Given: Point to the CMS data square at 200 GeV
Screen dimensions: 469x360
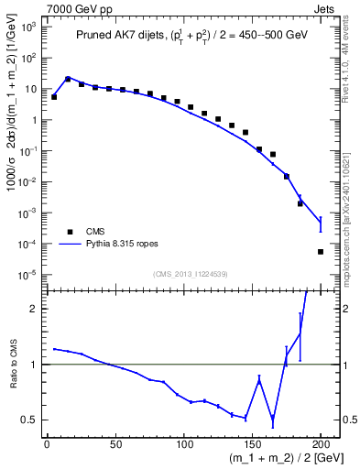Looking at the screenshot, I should (x=321, y=252).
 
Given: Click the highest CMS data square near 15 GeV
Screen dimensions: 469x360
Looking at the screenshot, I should (x=68, y=80).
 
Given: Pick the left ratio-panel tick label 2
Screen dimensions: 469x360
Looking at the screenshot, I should (x=32, y=309).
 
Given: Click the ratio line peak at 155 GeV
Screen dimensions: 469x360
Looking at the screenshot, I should (x=259, y=379).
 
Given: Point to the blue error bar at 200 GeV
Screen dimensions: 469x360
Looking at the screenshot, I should (x=321, y=224).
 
